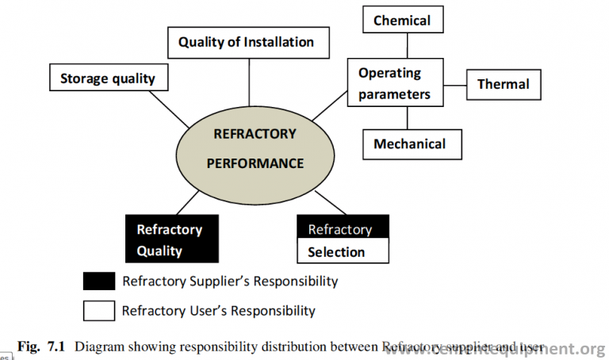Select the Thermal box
coord(503,84)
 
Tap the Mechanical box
coord(408,144)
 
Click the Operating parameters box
coord(394,83)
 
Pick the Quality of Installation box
coord(246,42)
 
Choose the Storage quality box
coord(107,79)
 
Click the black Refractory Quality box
coord(171,239)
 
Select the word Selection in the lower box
coord(336,252)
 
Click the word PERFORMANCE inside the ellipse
coord(255,163)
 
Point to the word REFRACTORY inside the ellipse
coord(255,134)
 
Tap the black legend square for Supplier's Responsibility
coord(99,281)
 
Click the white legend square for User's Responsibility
coord(99,310)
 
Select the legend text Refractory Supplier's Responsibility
coord(230,281)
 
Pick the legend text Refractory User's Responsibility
coord(218,311)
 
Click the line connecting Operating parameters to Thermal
coord(453,83)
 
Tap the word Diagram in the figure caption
coord(99,347)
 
